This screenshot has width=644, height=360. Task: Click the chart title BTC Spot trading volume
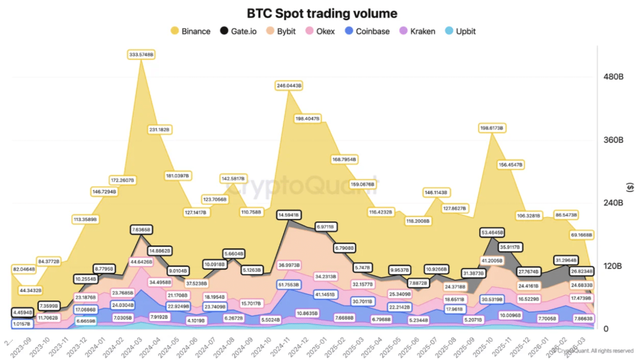(x=322, y=13)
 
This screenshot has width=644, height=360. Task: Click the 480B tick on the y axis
(x=613, y=77)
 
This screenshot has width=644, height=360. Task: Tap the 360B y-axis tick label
(x=613, y=140)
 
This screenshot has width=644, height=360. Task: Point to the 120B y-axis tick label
(x=613, y=266)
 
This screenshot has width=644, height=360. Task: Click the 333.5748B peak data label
(x=141, y=54)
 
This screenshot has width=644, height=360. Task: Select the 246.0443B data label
(x=289, y=85)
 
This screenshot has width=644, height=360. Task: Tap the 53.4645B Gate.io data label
(x=492, y=232)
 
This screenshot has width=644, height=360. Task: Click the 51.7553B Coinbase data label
(x=288, y=284)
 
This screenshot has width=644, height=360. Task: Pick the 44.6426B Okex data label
(x=141, y=261)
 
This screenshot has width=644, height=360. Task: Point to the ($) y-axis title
(x=630, y=187)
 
